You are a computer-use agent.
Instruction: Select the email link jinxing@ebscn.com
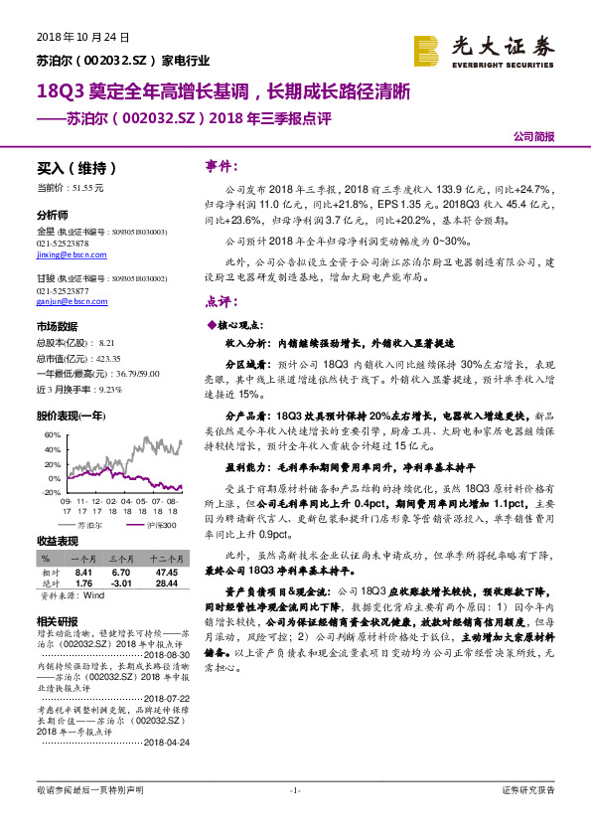click(x=70, y=254)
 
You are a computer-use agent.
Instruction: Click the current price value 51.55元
click(x=86, y=188)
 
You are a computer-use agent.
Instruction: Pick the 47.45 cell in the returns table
click(x=166, y=574)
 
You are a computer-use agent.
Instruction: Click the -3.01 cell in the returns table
click(x=123, y=584)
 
